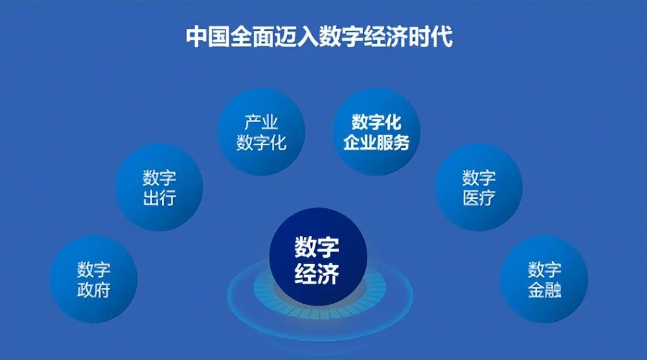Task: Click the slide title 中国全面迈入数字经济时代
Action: pos(319,37)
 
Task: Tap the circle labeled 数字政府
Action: pos(94,279)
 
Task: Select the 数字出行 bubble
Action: pos(159,187)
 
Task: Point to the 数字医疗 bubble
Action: pos(478,187)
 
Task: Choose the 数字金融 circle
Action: pos(544,279)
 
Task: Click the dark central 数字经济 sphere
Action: pos(318,257)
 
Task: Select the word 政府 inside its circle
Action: pos(94,290)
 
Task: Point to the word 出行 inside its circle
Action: pos(159,198)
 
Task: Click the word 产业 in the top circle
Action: pos(261,122)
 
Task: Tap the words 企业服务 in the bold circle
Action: pos(376,143)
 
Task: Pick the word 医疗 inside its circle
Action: pos(478,198)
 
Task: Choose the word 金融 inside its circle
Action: pos(544,290)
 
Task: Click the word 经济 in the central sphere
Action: pos(317,273)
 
